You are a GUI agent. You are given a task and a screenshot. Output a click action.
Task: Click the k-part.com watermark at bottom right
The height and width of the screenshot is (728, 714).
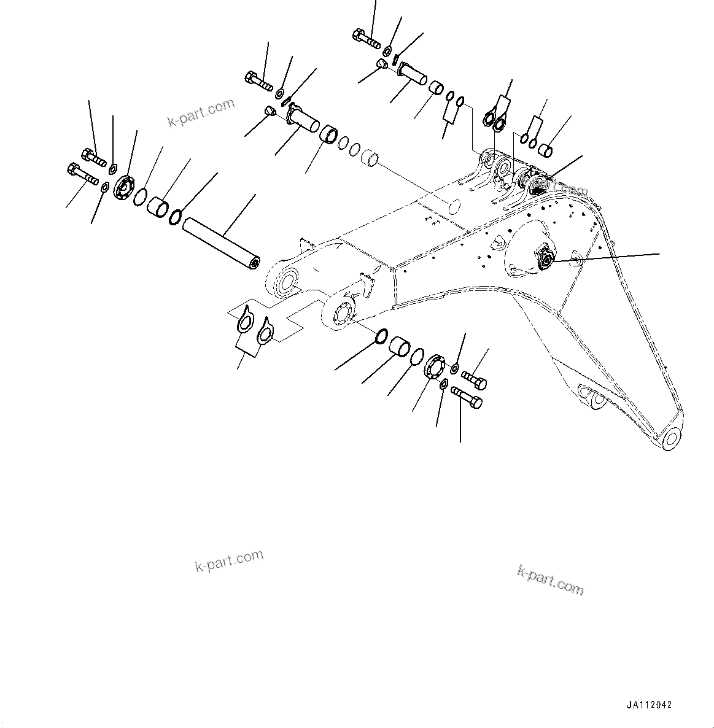[550, 580]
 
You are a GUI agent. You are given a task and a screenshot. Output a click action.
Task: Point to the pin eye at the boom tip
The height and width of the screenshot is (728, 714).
[670, 439]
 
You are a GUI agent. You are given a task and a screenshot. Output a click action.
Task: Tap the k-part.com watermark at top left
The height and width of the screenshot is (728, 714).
[201, 112]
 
